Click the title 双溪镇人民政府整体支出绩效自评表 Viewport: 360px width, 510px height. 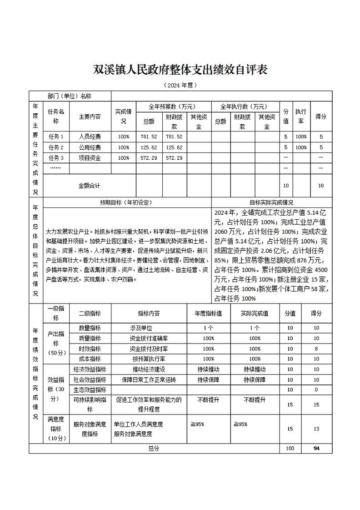pos(180,70)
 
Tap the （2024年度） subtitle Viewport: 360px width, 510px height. pos(180,85)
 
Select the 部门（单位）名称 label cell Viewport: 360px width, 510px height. pos(69,96)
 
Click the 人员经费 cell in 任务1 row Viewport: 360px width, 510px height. pos(90,136)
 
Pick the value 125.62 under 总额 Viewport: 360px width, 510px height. pos(149,147)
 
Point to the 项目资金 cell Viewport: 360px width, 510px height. pos(90,158)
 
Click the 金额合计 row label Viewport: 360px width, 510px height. pos(89,186)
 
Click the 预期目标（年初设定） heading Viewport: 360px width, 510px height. pos(126,202)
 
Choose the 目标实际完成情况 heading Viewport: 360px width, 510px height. pos(271,202)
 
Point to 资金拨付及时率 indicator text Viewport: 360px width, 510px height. pos(149,349)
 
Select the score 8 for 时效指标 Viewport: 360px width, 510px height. pos(316,349)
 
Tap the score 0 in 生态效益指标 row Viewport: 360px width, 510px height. pos(316,390)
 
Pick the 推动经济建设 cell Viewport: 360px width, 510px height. pos(149,369)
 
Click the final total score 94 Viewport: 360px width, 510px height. pos(316,449)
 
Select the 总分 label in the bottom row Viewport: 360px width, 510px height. pos(154,449)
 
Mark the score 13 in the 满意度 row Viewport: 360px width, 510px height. pos(316,429)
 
